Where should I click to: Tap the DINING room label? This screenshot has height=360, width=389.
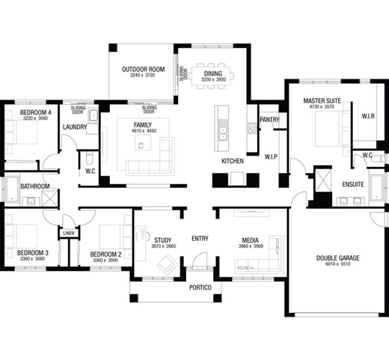213,73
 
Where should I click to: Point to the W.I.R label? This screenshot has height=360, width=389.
367,116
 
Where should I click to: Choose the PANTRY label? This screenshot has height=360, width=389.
269,120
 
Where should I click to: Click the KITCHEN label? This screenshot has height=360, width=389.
233,161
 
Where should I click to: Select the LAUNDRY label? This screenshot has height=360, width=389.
75,127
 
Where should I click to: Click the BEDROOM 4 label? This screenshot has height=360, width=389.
35,112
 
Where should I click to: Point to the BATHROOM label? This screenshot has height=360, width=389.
34,186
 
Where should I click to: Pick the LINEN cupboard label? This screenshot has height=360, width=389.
69,234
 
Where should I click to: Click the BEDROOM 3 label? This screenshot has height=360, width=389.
32,253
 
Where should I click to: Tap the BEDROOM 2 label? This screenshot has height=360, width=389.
105,254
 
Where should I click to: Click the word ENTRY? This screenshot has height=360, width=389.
200,239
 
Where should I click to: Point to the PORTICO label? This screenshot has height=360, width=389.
200,287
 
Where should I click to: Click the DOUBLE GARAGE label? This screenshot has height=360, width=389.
337,257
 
